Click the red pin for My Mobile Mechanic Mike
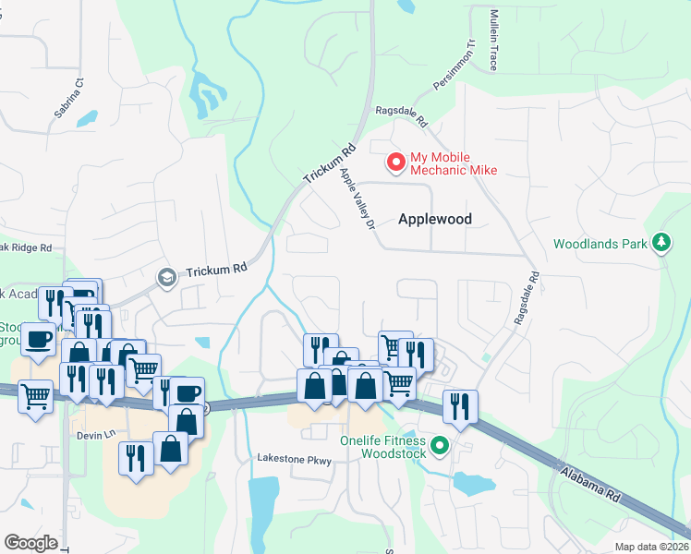(x=396, y=163)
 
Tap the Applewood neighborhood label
(x=435, y=220)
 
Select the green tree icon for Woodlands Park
(x=661, y=244)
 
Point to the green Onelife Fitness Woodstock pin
(x=440, y=447)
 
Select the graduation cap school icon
(x=166, y=277)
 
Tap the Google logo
(x=30, y=543)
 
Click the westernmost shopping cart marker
(x=35, y=398)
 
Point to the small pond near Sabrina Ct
(x=88, y=118)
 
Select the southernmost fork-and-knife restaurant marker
(x=136, y=458)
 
